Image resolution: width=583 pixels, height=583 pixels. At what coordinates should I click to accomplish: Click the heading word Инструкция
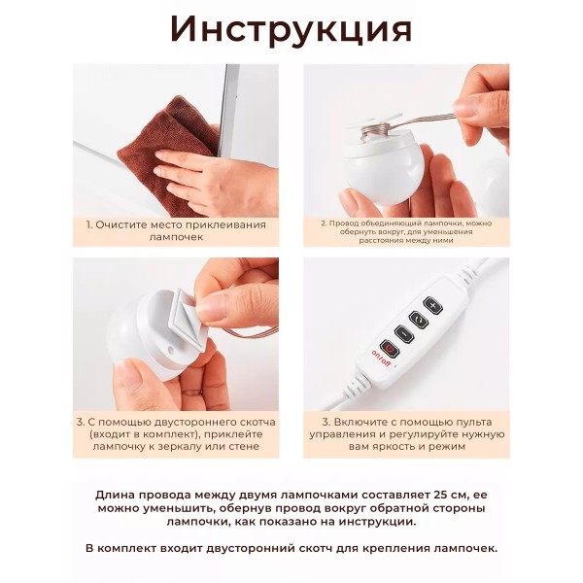pyautogui.click(x=291, y=30)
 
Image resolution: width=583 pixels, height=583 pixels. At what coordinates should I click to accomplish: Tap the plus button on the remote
pyautogui.click(x=432, y=306)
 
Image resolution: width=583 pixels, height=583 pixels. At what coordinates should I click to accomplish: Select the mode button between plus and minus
pyautogui.click(x=419, y=320)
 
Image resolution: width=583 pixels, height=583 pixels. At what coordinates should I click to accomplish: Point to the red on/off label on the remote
pyautogui.click(x=381, y=359)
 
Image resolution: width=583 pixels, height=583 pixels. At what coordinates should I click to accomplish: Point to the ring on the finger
pyautogui.click(x=191, y=392)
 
